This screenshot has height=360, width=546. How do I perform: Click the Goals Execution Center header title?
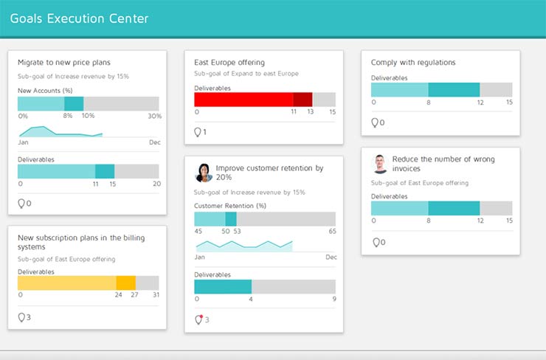click(79, 18)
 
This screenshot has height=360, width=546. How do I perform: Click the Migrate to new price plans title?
click(64, 62)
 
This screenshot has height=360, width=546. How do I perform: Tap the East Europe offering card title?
click(229, 63)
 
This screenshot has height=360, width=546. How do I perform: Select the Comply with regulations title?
click(413, 63)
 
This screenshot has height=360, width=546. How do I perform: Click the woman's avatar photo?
click(204, 173)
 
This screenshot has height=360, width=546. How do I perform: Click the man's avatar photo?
click(380, 164)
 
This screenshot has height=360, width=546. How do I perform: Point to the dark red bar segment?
click(303, 100)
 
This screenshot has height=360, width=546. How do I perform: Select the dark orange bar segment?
click(126, 283)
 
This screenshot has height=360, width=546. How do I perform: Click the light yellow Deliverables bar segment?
click(66, 283)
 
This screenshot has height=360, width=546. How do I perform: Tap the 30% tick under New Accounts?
click(154, 116)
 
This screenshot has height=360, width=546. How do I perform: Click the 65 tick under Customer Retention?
click(332, 231)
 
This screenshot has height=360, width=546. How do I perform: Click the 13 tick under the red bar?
click(311, 112)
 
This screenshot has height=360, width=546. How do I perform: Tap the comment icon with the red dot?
click(198, 319)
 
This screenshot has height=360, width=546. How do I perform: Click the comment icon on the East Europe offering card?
click(198, 132)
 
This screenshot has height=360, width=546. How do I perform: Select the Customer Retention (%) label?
click(230, 206)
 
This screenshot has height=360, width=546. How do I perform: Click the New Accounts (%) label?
click(45, 90)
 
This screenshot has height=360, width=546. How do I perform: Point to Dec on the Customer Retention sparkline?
click(331, 257)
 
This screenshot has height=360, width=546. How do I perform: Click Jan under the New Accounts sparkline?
click(23, 142)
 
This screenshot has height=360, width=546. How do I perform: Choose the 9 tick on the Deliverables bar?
click(334, 299)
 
